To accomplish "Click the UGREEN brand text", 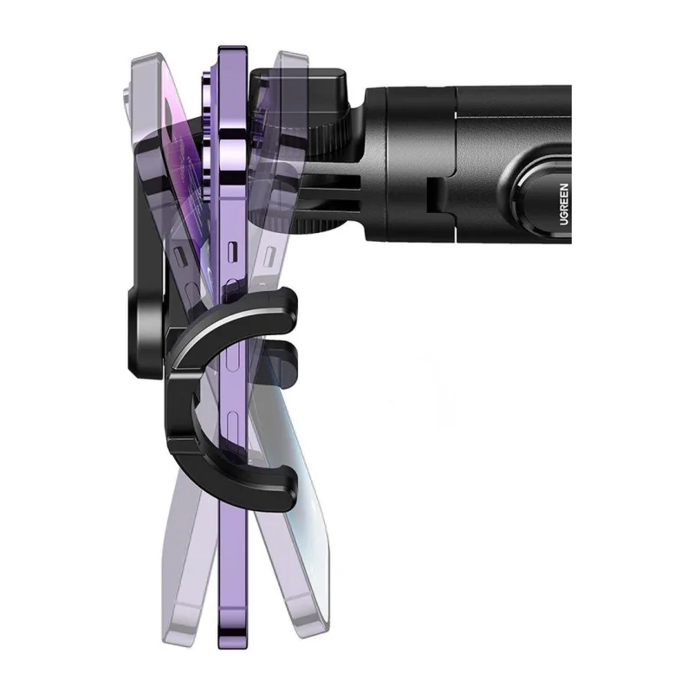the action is (564, 204).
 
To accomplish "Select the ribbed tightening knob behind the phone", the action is (328, 133).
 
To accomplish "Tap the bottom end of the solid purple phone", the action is (233, 641).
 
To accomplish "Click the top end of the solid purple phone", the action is (233, 49).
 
